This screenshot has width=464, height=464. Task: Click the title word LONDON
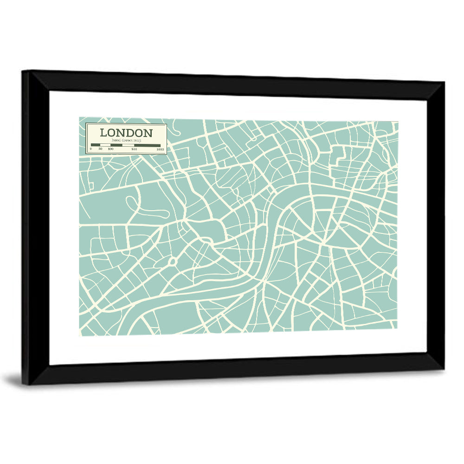pos(126,133)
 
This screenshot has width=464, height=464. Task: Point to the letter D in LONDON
pos(131,133)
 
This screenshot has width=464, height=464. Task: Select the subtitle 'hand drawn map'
pos(126,140)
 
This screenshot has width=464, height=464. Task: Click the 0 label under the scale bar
pos(91,149)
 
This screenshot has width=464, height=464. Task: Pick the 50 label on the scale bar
pos(100,149)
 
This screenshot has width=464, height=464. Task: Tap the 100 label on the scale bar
pos(110,149)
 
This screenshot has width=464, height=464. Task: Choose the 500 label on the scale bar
pos(134,149)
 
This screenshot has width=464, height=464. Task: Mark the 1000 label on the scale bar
pos(160,149)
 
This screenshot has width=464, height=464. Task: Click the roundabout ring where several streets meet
pos(173,262)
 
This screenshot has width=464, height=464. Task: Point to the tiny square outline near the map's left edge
pos(91,186)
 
